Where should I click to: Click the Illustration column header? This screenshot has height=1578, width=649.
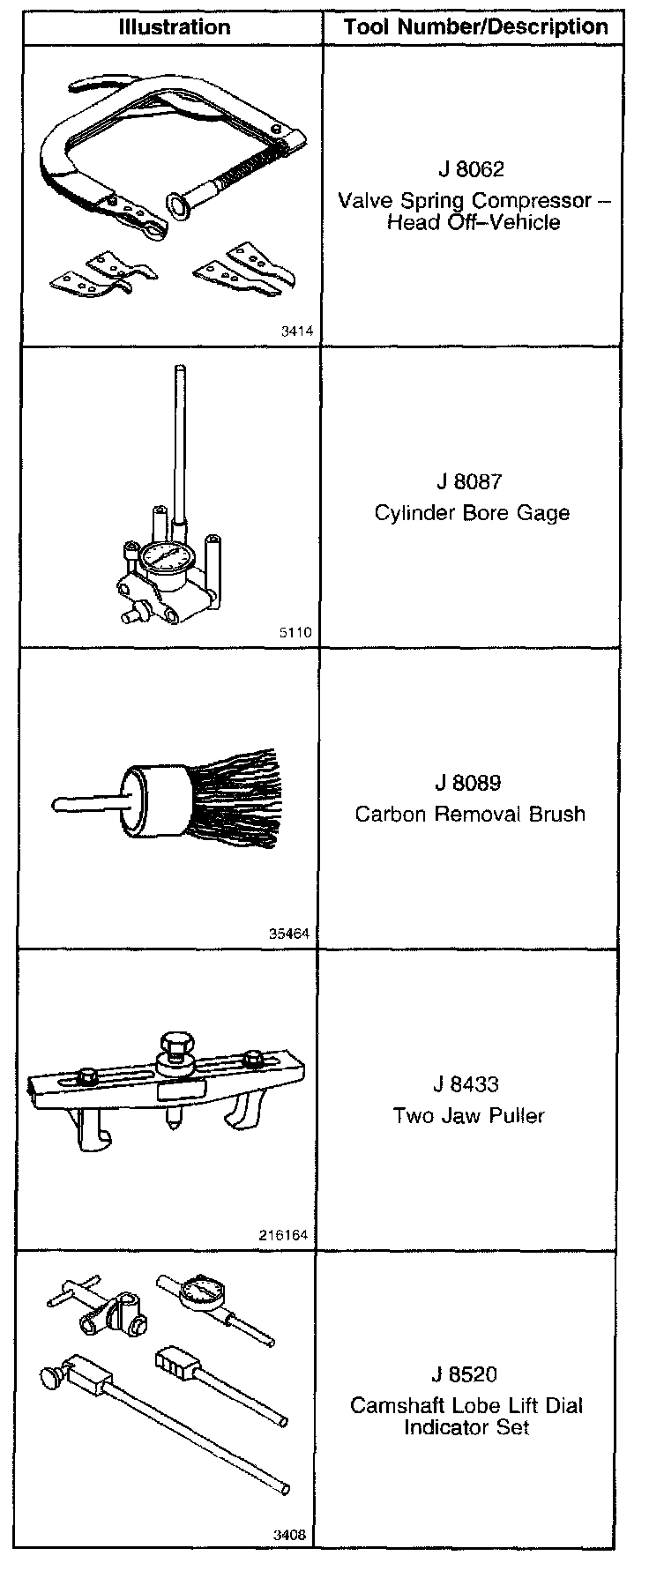click(x=174, y=26)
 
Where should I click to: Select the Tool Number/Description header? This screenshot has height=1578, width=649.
click(x=475, y=26)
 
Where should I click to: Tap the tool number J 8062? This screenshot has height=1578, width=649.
click(x=471, y=167)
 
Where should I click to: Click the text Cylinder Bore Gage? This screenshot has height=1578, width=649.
click(x=472, y=512)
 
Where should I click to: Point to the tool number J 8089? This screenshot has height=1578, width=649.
click(x=469, y=783)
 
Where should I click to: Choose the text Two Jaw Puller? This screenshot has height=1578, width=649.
click(x=468, y=1115)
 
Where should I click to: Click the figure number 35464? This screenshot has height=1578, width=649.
click(x=290, y=934)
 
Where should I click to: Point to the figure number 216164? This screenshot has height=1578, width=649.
click(x=284, y=1235)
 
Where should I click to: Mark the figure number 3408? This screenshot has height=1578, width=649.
click(x=289, y=1535)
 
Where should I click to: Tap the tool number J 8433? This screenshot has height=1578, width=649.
click(x=468, y=1084)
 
